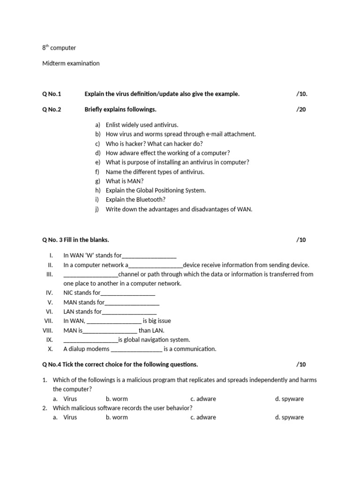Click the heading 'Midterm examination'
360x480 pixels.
(x=71, y=63)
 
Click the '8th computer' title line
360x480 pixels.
(x=59, y=48)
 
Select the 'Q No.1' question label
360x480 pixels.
(x=52, y=94)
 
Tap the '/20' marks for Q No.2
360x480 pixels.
(x=301, y=110)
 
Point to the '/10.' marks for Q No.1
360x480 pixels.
(x=301, y=94)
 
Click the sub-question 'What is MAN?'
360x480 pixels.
(x=125, y=181)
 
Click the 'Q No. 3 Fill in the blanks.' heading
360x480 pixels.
(x=75, y=240)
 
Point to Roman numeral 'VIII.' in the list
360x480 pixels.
(x=48, y=330)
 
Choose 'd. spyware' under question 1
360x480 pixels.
(x=289, y=399)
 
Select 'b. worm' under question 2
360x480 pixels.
(x=117, y=417)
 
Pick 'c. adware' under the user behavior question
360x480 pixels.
(x=203, y=417)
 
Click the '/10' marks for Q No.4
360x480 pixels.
(x=301, y=365)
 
